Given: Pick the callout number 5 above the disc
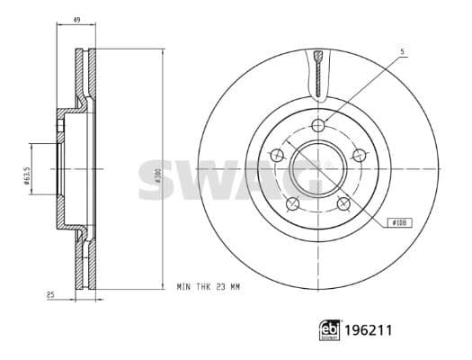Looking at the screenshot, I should click(403, 52).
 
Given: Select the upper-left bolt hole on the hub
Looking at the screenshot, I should click(276, 154).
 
